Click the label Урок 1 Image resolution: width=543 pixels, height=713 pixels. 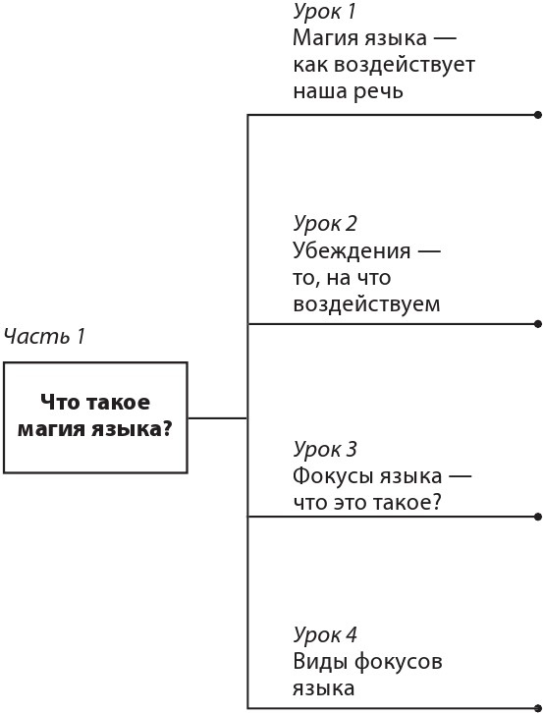point(324,12)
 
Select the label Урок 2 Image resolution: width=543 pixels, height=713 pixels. point(325,223)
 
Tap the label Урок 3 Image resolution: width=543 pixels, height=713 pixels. point(325,450)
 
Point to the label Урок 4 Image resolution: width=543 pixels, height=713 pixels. point(325,634)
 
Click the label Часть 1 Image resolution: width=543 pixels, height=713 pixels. point(44,336)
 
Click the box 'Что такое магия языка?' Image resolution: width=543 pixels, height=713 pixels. point(95,417)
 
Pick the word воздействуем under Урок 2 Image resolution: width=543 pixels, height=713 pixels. point(366,304)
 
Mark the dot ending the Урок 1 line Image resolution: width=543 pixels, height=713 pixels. point(537,115)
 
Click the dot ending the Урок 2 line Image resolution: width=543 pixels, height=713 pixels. point(537,323)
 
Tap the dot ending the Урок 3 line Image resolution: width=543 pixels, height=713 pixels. point(537,516)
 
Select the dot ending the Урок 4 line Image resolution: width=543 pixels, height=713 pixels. point(537,707)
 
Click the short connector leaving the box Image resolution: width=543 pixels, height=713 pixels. point(217,418)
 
